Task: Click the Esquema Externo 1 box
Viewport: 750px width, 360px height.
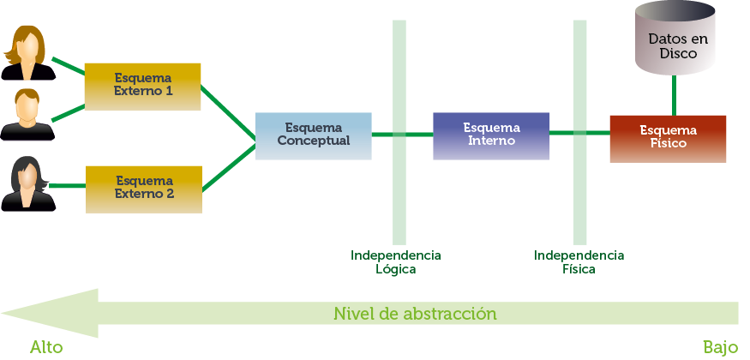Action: pyautogui.click(x=142, y=87)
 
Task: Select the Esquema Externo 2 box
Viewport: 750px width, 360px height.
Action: pyautogui.click(x=143, y=189)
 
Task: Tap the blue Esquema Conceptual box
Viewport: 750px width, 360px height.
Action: pyautogui.click(x=313, y=135)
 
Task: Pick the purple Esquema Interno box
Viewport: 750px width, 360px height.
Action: pyautogui.click(x=491, y=135)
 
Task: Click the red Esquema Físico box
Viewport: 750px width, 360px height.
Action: pyautogui.click(x=668, y=138)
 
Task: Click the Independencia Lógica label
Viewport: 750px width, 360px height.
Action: pyautogui.click(x=395, y=262)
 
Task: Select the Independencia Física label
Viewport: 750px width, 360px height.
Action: pyautogui.click(x=579, y=262)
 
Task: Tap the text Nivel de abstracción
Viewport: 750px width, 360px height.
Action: pyautogui.click(x=415, y=313)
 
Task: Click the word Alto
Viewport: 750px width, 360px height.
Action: pyautogui.click(x=46, y=347)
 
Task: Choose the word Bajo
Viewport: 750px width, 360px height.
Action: pyautogui.click(x=720, y=347)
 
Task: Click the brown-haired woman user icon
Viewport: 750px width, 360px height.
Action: pyautogui.click(x=28, y=53)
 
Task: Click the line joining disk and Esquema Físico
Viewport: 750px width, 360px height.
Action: pyautogui.click(x=674, y=94)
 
